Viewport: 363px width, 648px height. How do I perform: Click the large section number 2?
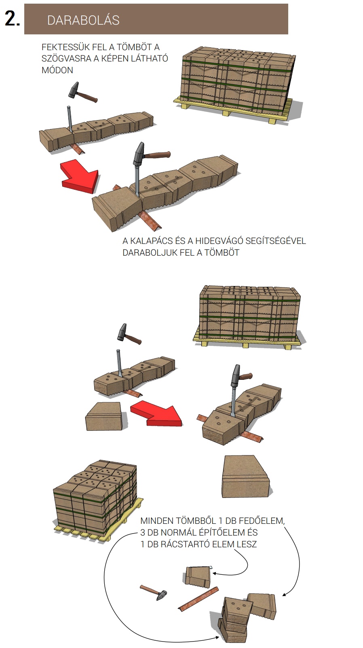12,19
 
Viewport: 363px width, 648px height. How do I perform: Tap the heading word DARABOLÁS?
83,20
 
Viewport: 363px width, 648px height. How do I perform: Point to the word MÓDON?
57,70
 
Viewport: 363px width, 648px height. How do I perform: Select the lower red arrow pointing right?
156,413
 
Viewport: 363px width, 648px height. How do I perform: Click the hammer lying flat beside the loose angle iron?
154,593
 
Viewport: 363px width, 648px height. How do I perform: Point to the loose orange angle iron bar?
198,599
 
